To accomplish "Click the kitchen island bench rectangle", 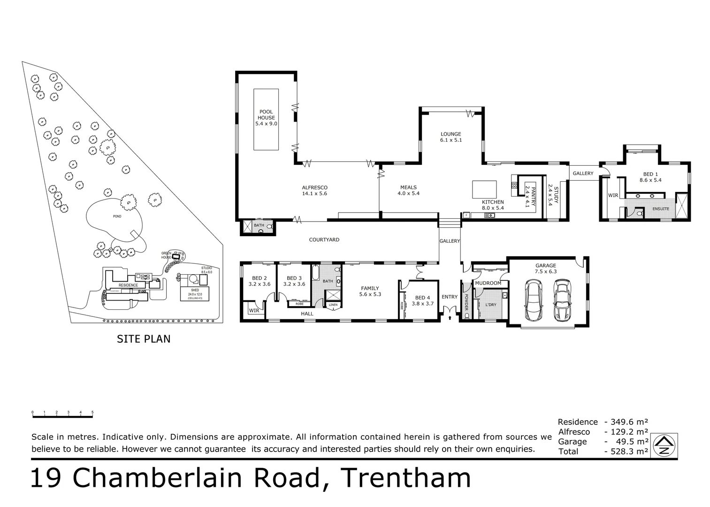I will coord(484,190).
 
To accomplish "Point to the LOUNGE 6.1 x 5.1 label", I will coord(450,137).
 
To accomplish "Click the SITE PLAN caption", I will coord(144,338).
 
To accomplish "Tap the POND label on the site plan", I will coord(117,216).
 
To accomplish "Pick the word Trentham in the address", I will coord(406,478).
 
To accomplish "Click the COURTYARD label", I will coord(324,240).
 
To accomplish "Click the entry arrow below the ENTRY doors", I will coord(450,318).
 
